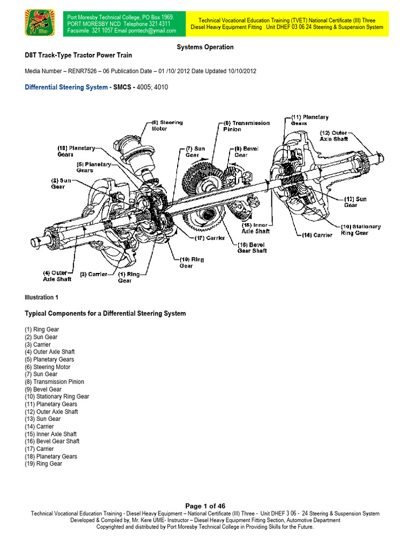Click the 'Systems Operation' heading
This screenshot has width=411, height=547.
click(205, 47)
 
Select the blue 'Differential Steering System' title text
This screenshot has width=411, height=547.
click(66, 87)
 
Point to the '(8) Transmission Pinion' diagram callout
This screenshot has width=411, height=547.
click(239, 126)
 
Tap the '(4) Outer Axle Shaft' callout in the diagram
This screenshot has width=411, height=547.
click(56, 275)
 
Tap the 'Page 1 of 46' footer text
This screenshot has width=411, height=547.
click(205, 506)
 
